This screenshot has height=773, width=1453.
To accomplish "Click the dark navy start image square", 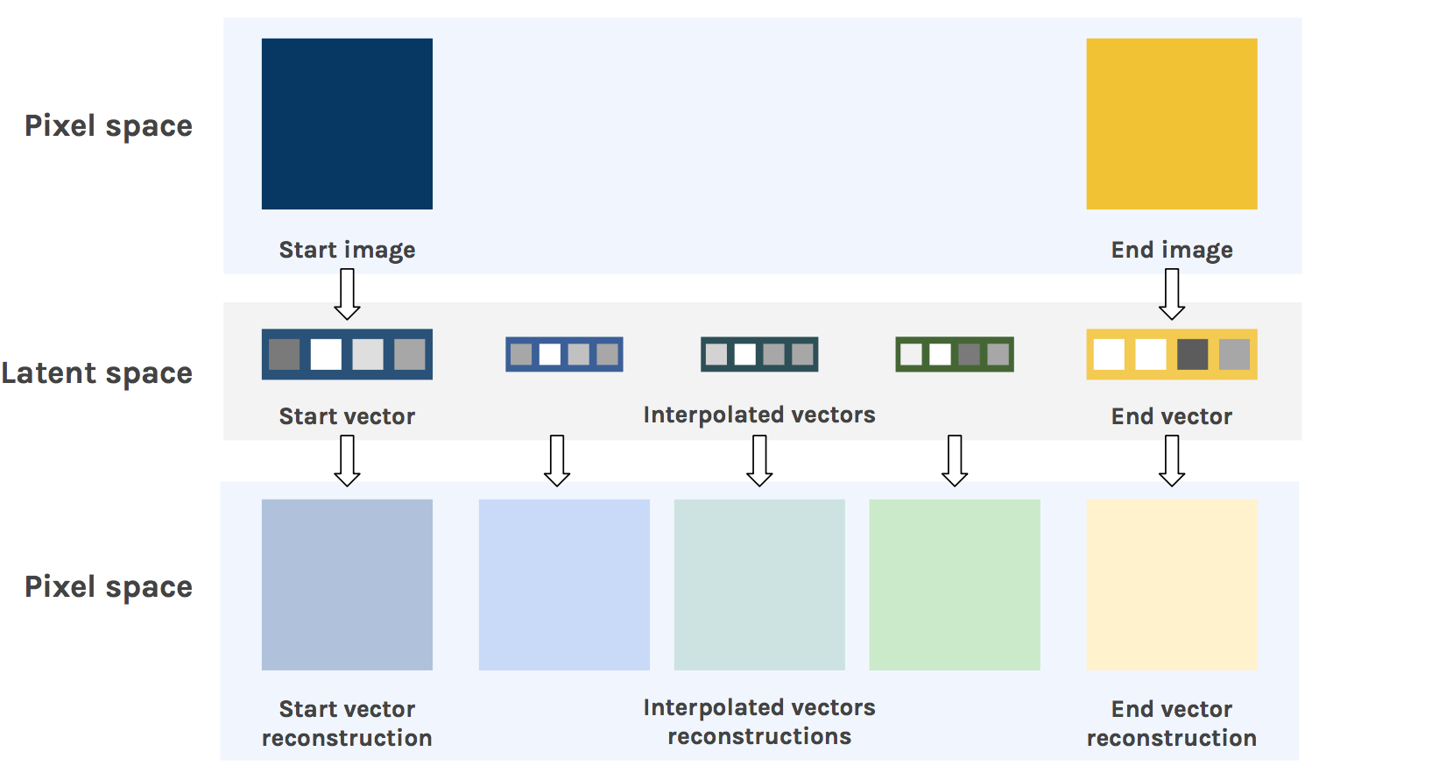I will (347, 124).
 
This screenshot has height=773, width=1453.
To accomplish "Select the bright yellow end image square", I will (1171, 124).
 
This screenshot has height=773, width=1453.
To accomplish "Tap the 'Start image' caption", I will (347, 250).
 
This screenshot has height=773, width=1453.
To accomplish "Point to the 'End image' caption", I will (1171, 250).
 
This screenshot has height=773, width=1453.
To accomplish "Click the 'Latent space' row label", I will (97, 373).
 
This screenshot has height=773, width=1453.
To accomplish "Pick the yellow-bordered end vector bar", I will (1171, 354).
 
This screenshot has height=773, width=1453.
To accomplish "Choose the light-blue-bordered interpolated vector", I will (564, 354).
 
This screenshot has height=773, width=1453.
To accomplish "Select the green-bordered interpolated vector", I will (954, 354).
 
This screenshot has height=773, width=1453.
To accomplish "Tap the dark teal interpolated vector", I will (759, 354).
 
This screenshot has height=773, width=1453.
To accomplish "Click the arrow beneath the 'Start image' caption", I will (347, 294).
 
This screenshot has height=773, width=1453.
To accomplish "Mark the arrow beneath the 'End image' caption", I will (1171, 294).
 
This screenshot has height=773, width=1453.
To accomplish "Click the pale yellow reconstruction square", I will (1171, 585).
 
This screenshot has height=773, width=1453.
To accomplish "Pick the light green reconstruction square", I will (954, 585).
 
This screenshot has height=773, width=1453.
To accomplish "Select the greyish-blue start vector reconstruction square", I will (347, 585).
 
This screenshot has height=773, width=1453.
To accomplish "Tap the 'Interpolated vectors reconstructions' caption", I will (759, 721).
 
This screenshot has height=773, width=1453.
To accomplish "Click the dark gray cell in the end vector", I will (1192, 354).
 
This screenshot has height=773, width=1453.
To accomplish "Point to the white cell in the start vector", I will (326, 354).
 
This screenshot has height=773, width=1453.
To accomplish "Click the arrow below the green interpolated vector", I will (954, 461).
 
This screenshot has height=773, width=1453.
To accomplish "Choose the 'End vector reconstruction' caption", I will (1171, 723).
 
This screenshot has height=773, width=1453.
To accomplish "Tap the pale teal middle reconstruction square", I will (759, 585).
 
